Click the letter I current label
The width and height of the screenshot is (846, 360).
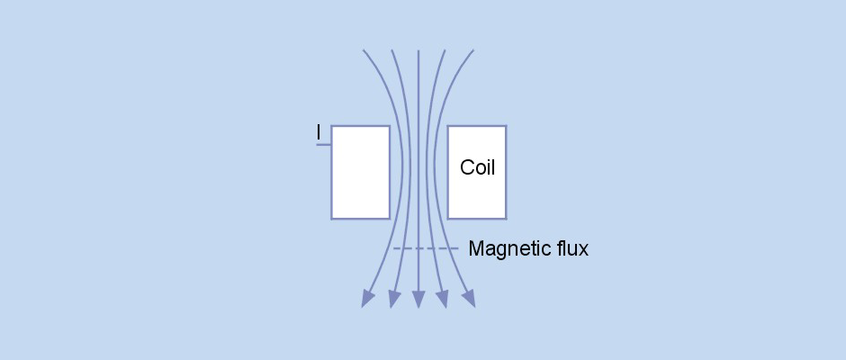click(318, 133)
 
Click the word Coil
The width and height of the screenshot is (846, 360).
click(477, 167)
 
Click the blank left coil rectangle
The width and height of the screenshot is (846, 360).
click(360, 172)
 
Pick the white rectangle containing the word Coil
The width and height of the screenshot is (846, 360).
click(477, 193)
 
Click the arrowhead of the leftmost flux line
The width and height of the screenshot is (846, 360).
click(367, 300)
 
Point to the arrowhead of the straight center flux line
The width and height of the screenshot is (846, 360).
click(418, 301)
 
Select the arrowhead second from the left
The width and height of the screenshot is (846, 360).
click(393, 301)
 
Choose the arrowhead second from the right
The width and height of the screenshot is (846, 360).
click(442, 301)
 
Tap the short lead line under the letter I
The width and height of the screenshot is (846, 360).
click(323, 144)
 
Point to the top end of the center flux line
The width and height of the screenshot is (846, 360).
click(418, 51)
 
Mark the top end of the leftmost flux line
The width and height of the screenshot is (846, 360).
click(364, 51)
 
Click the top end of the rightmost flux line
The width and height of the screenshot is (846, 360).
click(472, 51)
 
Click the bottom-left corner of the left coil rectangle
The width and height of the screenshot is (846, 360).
click(332, 218)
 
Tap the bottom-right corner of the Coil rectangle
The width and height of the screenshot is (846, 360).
click(505, 218)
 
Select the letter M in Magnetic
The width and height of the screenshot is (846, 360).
click(476, 248)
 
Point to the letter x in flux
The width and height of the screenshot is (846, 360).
click(583, 249)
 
